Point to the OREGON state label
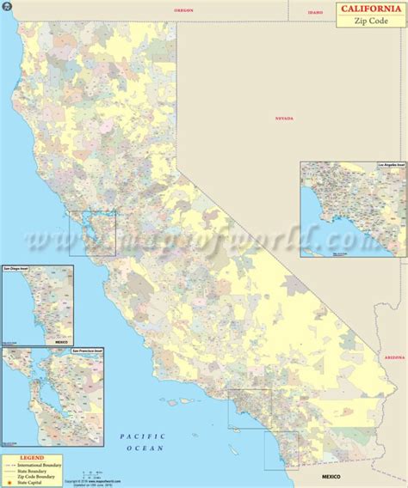184,10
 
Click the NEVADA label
285,118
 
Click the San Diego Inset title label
19,268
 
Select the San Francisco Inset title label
22,351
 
